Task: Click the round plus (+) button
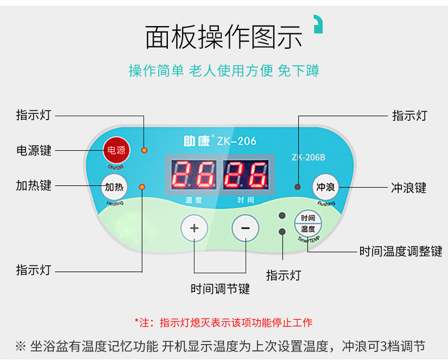click(194, 228)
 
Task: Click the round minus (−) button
click(246, 228)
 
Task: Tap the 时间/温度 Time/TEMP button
click(308, 223)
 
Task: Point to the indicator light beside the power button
click(144, 150)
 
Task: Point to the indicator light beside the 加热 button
click(142, 187)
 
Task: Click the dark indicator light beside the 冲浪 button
click(297, 187)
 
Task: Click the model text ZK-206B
click(308, 157)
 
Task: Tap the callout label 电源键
click(33, 150)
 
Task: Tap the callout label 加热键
click(33, 185)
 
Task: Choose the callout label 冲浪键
click(409, 187)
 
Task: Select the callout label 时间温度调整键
click(400, 251)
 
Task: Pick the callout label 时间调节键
click(220, 289)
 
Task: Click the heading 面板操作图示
click(224, 37)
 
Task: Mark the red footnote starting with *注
click(223, 323)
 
